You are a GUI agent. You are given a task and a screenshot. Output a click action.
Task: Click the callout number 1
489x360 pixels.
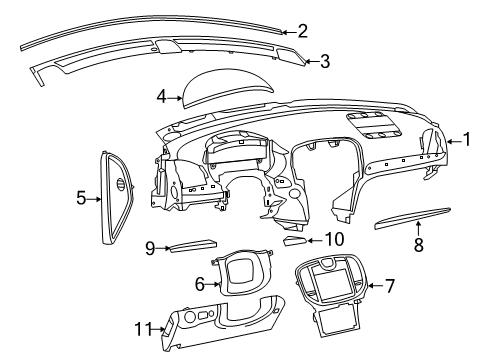pos(466,140)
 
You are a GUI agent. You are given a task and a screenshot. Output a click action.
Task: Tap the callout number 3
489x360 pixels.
pos(324,62)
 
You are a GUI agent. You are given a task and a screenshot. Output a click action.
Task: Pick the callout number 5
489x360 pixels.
pos(82,198)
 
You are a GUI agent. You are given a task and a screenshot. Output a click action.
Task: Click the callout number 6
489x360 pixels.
pos(200,285)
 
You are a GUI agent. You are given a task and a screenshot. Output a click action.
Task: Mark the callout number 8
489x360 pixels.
pos(419,243)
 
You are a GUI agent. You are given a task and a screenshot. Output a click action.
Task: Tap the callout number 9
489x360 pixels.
pos(150,247)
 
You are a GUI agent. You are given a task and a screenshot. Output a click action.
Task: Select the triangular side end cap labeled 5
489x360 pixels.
pos(114,196)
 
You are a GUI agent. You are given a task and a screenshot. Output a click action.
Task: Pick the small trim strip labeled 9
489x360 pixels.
pos(190,245)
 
